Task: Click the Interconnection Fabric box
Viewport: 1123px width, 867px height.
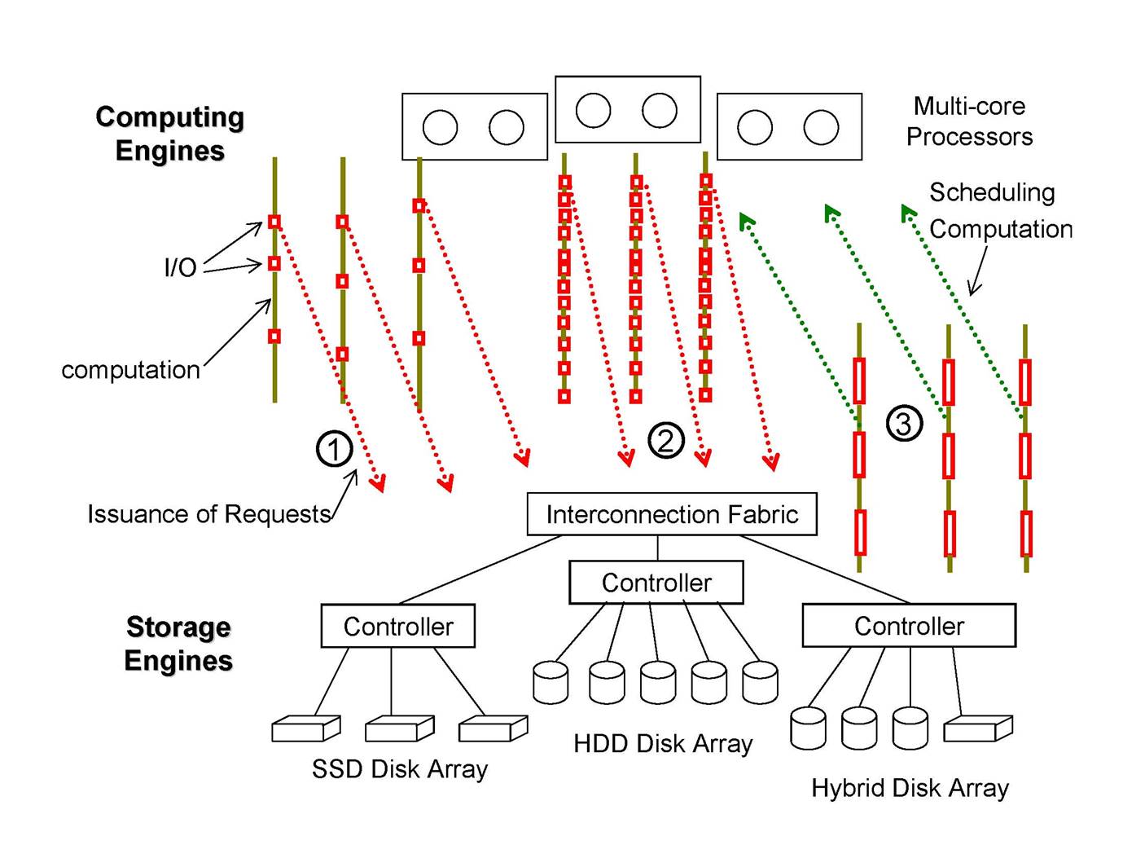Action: point(672,514)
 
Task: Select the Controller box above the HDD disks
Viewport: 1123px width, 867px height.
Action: point(656,583)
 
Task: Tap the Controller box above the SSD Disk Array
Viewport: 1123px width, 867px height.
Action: point(398,626)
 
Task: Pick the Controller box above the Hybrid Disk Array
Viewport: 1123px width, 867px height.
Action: point(909,626)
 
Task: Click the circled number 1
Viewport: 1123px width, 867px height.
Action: point(334,449)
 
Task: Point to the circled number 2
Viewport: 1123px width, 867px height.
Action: point(665,441)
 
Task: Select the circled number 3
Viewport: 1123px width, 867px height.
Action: point(904,424)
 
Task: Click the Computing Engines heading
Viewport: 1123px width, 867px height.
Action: point(170,134)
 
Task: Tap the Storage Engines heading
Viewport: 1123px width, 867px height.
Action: point(178,644)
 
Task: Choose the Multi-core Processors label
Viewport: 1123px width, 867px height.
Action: point(969,121)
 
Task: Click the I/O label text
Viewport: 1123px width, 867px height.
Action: point(181,267)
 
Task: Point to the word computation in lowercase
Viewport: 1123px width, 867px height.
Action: point(130,370)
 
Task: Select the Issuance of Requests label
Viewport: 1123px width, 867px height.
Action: point(209,514)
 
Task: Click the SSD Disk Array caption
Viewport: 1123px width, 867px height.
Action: point(400,769)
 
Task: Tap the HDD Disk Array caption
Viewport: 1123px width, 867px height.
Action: point(663,744)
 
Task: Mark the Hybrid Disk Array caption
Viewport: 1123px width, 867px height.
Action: point(910,788)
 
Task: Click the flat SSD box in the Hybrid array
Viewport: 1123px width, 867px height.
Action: point(977,728)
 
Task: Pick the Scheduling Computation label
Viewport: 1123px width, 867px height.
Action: point(1000,211)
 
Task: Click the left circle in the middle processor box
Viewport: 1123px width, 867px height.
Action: point(593,111)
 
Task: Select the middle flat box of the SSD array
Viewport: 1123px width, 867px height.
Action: point(399,728)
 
